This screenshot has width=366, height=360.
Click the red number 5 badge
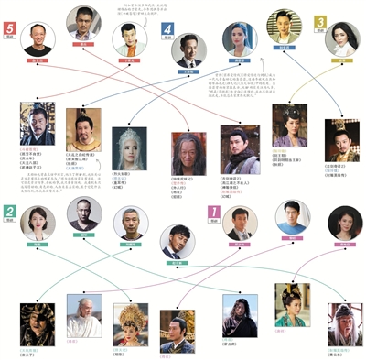[10, 29]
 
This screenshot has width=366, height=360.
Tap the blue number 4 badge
[167, 29]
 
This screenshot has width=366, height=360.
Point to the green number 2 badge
[10, 212]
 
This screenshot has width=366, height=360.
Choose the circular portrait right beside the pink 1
[241, 221]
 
